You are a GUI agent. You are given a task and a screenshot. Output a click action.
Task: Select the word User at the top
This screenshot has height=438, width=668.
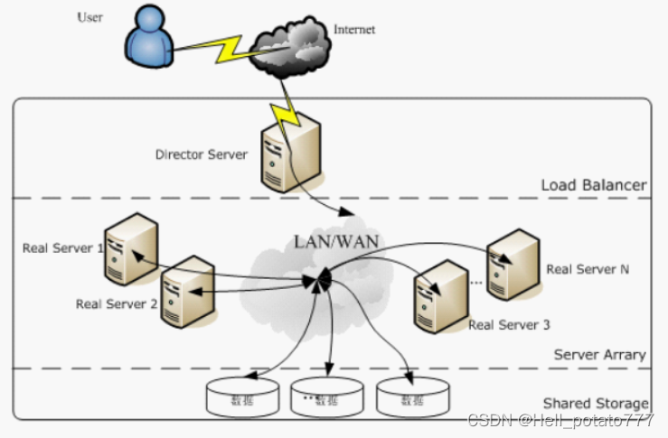pyautogui.click(x=90, y=17)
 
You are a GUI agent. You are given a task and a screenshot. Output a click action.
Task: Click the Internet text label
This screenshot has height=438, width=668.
pyautogui.click(x=354, y=30)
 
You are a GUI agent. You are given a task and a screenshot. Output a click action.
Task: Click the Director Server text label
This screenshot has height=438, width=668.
pyautogui.click(x=201, y=154)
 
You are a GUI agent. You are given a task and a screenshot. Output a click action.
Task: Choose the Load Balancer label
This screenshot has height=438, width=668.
pyautogui.click(x=593, y=185)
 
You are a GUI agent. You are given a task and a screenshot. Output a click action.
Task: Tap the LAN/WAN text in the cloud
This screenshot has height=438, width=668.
pyautogui.click(x=336, y=241)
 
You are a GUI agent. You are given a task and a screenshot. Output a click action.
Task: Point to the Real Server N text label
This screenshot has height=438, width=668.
pyautogui.click(x=588, y=269)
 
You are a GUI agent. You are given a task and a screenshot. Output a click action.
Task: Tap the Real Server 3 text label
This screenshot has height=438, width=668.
pyautogui.click(x=509, y=325)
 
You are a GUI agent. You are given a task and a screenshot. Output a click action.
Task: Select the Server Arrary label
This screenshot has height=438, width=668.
pyautogui.click(x=599, y=355)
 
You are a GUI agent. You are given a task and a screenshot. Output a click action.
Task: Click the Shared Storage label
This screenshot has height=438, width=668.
pyautogui.click(x=595, y=403)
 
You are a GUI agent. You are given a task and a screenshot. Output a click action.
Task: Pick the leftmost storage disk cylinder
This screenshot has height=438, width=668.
pyautogui.click(x=243, y=398)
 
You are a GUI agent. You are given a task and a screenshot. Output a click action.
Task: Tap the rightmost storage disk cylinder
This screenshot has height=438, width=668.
pyautogui.click(x=412, y=398)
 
